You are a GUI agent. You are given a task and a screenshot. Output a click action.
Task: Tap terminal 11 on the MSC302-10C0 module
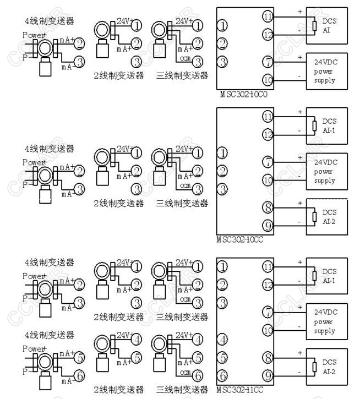[268, 17]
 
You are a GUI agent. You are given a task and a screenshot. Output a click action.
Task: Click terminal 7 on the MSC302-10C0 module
[268, 61]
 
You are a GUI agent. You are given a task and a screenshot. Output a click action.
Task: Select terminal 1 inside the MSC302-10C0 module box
[222, 25]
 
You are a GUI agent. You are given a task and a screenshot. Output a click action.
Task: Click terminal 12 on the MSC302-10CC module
[268, 134]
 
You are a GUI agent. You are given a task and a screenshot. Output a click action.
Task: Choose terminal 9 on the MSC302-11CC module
[268, 376]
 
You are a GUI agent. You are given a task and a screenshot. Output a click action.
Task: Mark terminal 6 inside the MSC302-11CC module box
[222, 376]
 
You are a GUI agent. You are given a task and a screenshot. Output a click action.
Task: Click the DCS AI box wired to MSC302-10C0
[327, 25]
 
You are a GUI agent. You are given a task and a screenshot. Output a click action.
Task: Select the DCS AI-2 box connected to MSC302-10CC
[327, 216]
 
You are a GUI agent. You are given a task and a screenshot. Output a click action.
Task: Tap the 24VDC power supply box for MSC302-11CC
[327, 321]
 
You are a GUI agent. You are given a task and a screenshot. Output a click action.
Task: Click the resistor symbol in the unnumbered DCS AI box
[314, 25]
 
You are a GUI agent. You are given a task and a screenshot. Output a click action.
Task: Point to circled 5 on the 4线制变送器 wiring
[79, 357]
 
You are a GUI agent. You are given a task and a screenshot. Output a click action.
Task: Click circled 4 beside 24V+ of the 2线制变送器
[137, 339]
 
